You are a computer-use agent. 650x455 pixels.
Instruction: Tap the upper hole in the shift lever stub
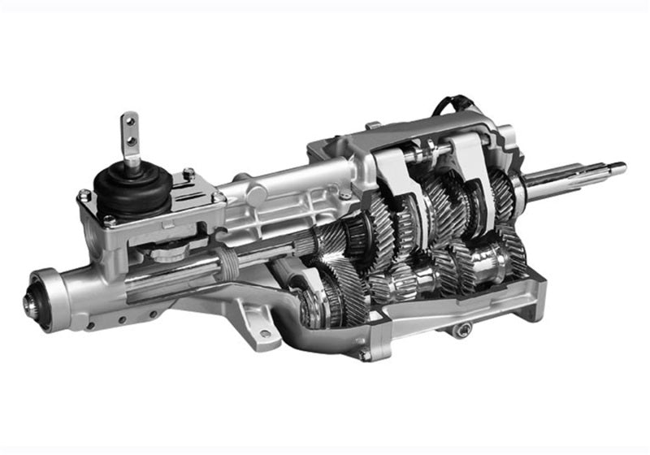click(x=129, y=123)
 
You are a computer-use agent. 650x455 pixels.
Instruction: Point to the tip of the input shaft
click(x=620, y=168)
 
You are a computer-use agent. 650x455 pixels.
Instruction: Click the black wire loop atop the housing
click(x=447, y=106)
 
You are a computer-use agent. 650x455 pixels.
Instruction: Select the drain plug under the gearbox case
click(x=464, y=328)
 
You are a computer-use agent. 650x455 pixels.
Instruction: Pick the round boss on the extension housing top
click(x=259, y=195)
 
